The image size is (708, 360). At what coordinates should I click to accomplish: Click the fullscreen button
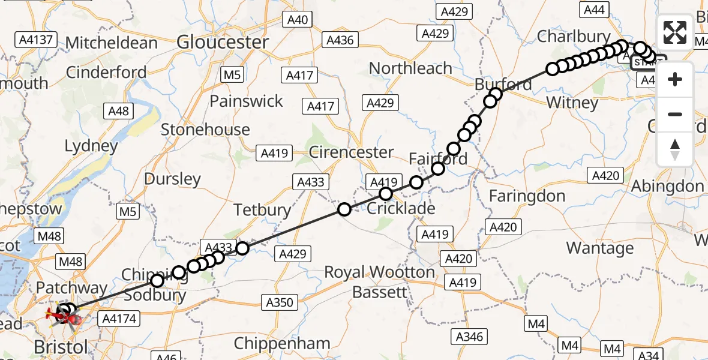click(675, 32)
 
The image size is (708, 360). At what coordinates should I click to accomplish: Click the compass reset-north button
click(675, 149)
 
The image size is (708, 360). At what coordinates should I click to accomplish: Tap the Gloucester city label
click(223, 42)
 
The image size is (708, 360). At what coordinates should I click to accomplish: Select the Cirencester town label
click(351, 152)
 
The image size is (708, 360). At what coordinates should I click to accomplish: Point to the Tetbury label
click(262, 210)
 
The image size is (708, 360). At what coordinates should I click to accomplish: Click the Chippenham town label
click(282, 344)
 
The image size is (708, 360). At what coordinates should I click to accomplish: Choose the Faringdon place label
click(527, 196)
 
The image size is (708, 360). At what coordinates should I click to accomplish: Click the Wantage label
click(599, 248)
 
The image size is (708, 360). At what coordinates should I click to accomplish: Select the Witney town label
click(572, 103)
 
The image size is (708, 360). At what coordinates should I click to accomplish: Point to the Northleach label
click(410, 68)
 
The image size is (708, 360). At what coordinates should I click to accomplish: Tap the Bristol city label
click(61, 347)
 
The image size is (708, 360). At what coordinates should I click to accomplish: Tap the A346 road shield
click(469, 336)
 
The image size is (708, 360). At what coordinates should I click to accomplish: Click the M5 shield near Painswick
click(231, 75)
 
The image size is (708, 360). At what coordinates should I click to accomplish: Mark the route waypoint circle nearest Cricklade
click(386, 193)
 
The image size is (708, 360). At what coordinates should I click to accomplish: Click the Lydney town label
click(91, 146)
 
